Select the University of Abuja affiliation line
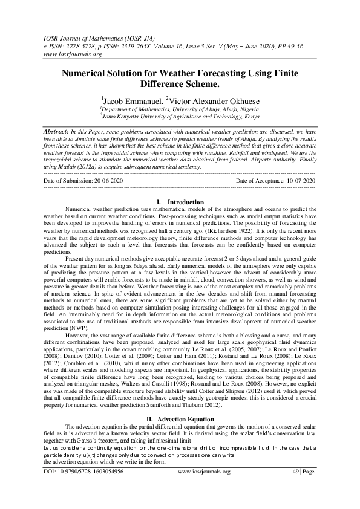tap(180, 109)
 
